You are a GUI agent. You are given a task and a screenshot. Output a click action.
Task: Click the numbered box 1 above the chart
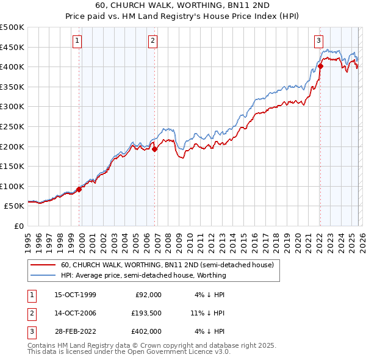(x=78, y=41)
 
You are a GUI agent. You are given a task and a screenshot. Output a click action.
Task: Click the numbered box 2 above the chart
(x=152, y=41)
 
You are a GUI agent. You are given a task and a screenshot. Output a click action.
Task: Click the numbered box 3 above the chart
(x=318, y=41)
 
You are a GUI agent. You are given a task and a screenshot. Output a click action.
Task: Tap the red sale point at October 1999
(x=79, y=189)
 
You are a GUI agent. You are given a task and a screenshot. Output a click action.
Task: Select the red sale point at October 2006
(x=154, y=148)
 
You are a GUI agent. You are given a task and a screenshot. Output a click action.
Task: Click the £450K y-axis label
(x=12, y=47)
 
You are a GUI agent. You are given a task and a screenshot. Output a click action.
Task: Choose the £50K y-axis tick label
(x=15, y=206)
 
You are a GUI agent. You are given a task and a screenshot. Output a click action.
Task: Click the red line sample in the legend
(x=43, y=265)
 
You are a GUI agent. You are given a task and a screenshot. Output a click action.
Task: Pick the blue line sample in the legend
(x=43, y=275)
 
